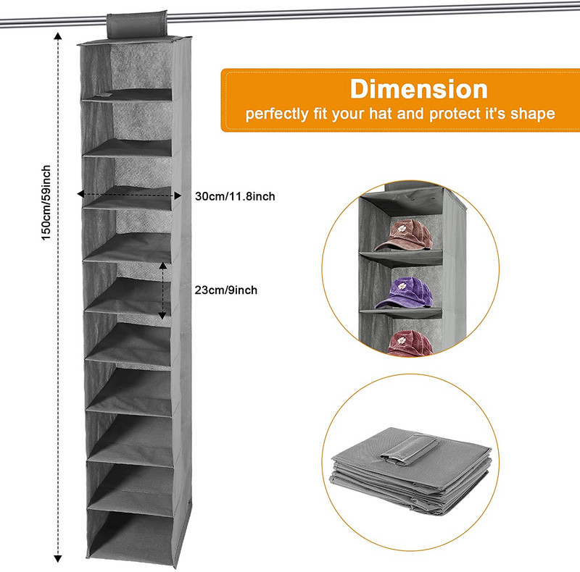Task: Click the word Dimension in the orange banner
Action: [x=418, y=89]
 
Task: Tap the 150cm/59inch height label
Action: [x=46, y=203]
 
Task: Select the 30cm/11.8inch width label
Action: [x=235, y=196]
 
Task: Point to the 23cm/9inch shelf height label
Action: [x=226, y=290]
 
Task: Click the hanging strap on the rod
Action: [x=137, y=24]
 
